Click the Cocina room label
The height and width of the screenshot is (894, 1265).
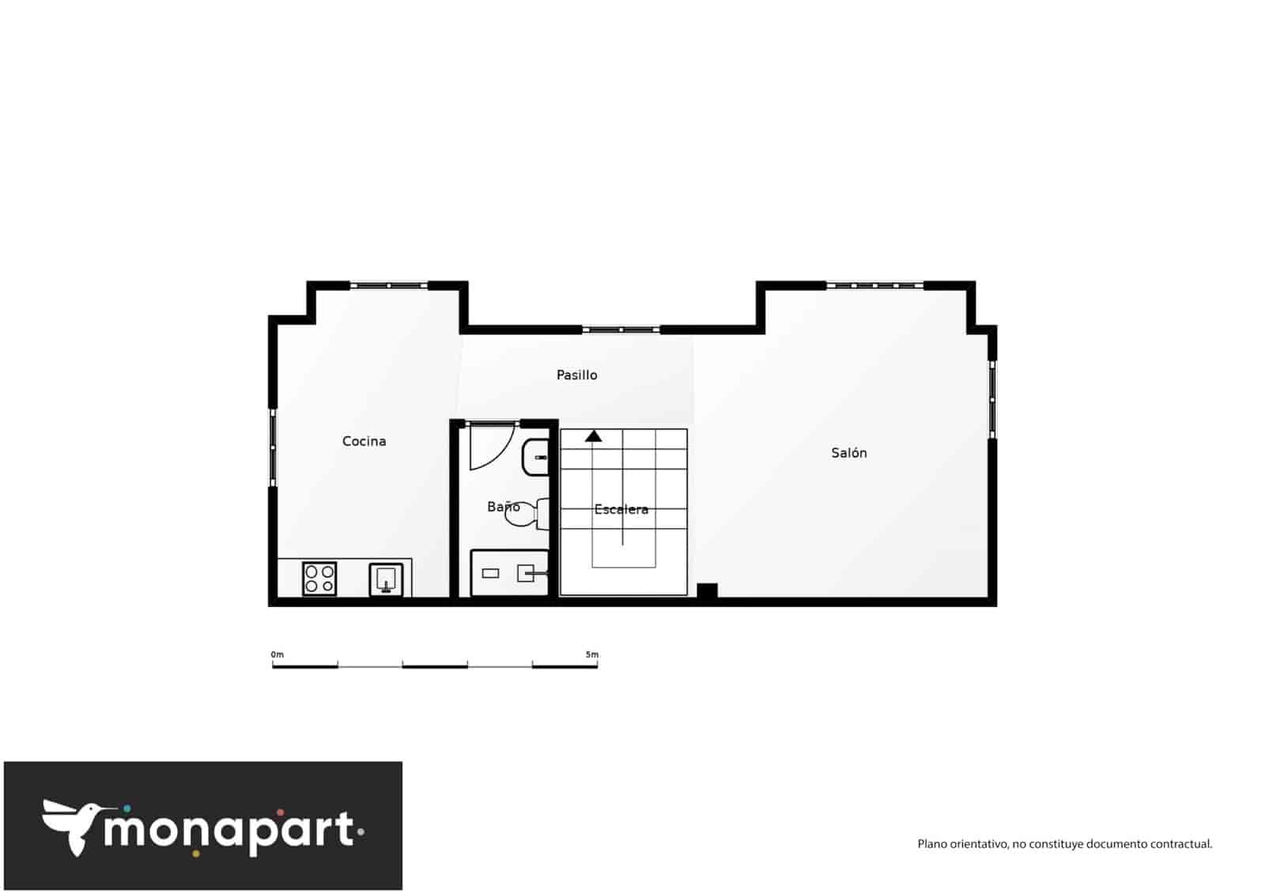pos(364,441)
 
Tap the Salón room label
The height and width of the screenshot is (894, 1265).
pos(848,453)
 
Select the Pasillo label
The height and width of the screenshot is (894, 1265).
pos(576,375)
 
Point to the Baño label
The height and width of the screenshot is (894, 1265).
pos(503,507)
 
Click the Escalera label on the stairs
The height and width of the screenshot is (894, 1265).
pos(621,509)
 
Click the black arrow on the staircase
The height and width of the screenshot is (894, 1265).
pos(594,436)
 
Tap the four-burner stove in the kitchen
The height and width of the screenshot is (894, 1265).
pos(319,578)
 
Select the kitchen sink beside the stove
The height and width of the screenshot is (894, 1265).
pos(386,579)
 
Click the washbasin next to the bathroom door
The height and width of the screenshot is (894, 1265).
pos(536,457)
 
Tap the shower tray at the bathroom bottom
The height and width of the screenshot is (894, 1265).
pos(509,573)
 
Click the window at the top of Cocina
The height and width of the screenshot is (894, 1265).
pos(388,285)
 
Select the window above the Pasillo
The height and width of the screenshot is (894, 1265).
pos(621,329)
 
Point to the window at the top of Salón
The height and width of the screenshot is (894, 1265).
pos(874,285)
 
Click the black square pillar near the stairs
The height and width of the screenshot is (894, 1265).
pos(707,590)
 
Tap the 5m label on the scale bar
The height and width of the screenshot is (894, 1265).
pos(591,654)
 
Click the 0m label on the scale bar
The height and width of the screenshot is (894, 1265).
pos(277,654)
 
